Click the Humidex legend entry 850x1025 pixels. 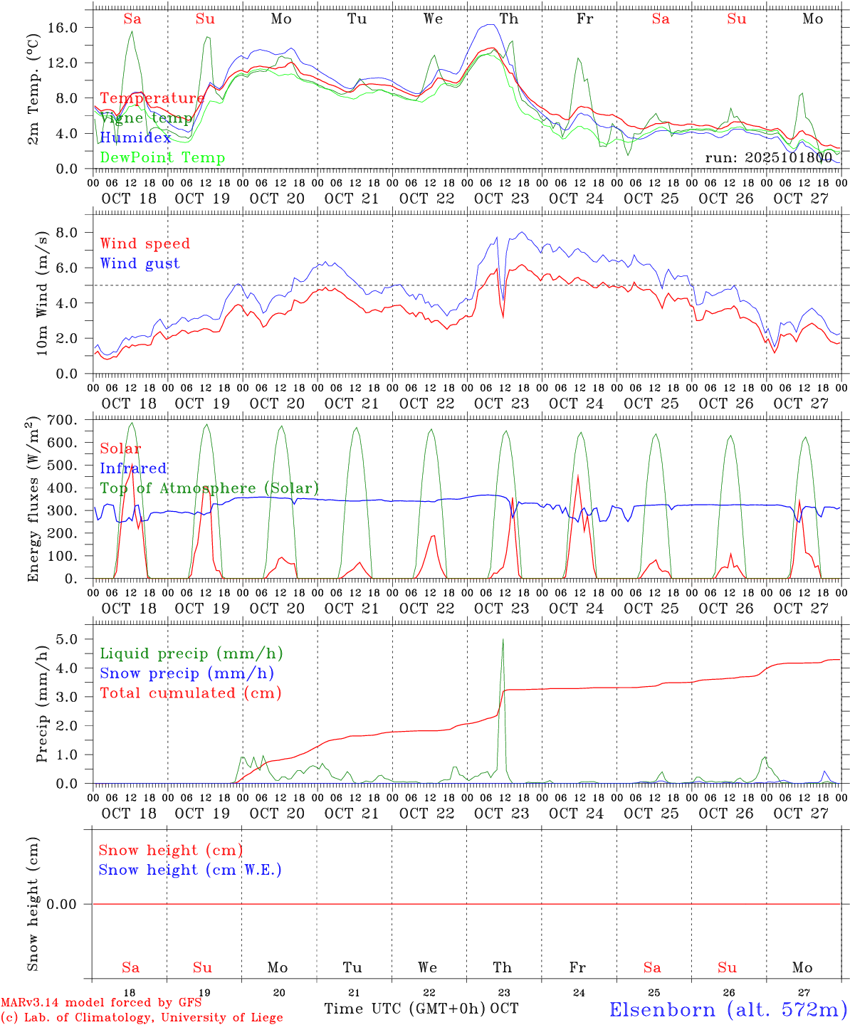pyautogui.click(x=135, y=138)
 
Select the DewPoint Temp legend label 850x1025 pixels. pyautogui.click(x=162, y=158)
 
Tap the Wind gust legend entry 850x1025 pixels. pyautogui.click(x=140, y=263)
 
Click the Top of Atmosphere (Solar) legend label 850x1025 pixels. pyautogui.click(x=209, y=488)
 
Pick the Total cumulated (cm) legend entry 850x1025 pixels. pyautogui.click(x=191, y=693)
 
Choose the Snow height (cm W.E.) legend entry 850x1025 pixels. pyautogui.click(x=190, y=870)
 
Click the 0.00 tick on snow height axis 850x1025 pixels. pyautogui.click(x=70, y=904)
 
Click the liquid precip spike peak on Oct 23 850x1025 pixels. pyautogui.click(x=503, y=639)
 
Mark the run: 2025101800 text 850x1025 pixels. pyautogui.click(x=768, y=157)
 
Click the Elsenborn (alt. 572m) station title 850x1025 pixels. pyautogui.click(x=728, y=1009)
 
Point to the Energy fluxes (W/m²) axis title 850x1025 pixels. pyautogui.click(x=33, y=500)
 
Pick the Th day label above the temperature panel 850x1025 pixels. pyautogui.click(x=508, y=19)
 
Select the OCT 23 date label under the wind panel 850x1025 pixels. pyautogui.click(x=501, y=404)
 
